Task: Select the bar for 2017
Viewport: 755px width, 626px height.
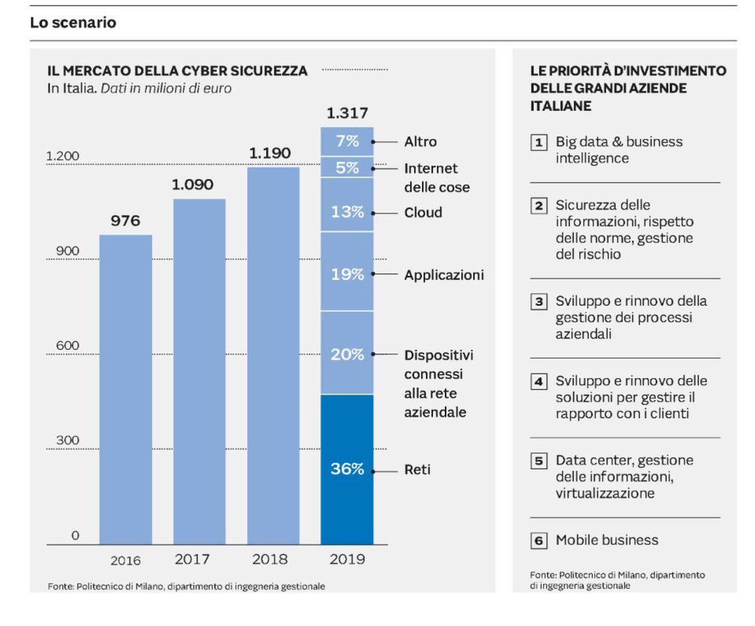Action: (199, 371)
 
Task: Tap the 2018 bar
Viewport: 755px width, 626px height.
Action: (273, 355)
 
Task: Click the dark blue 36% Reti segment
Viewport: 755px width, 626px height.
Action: (347, 469)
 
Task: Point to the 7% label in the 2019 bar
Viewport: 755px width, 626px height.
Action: (347, 142)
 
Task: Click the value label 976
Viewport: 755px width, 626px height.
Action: (126, 221)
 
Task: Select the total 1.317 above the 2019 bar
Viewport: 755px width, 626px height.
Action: (347, 113)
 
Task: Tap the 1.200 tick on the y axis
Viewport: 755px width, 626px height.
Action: (62, 156)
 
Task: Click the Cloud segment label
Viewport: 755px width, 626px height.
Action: (423, 213)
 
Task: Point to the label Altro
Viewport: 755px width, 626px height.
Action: (420, 142)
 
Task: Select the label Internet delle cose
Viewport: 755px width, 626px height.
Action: (436, 178)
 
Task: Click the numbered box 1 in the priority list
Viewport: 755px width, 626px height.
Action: (538, 142)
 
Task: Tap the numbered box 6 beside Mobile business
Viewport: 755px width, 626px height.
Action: (538, 540)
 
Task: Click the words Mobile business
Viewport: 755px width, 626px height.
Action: (607, 540)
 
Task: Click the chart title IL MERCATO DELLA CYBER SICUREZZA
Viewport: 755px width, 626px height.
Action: (177, 71)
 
